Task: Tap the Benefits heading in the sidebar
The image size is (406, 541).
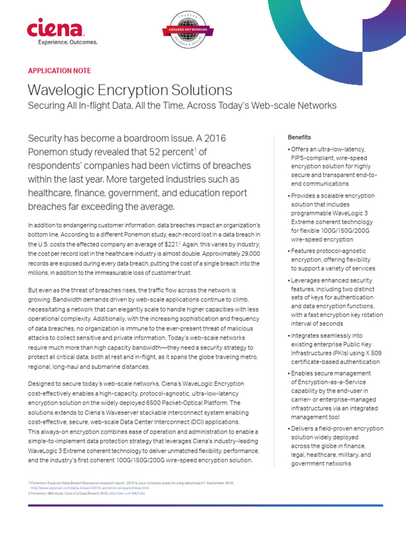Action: (x=299, y=137)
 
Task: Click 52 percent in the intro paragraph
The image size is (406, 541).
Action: (x=171, y=152)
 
